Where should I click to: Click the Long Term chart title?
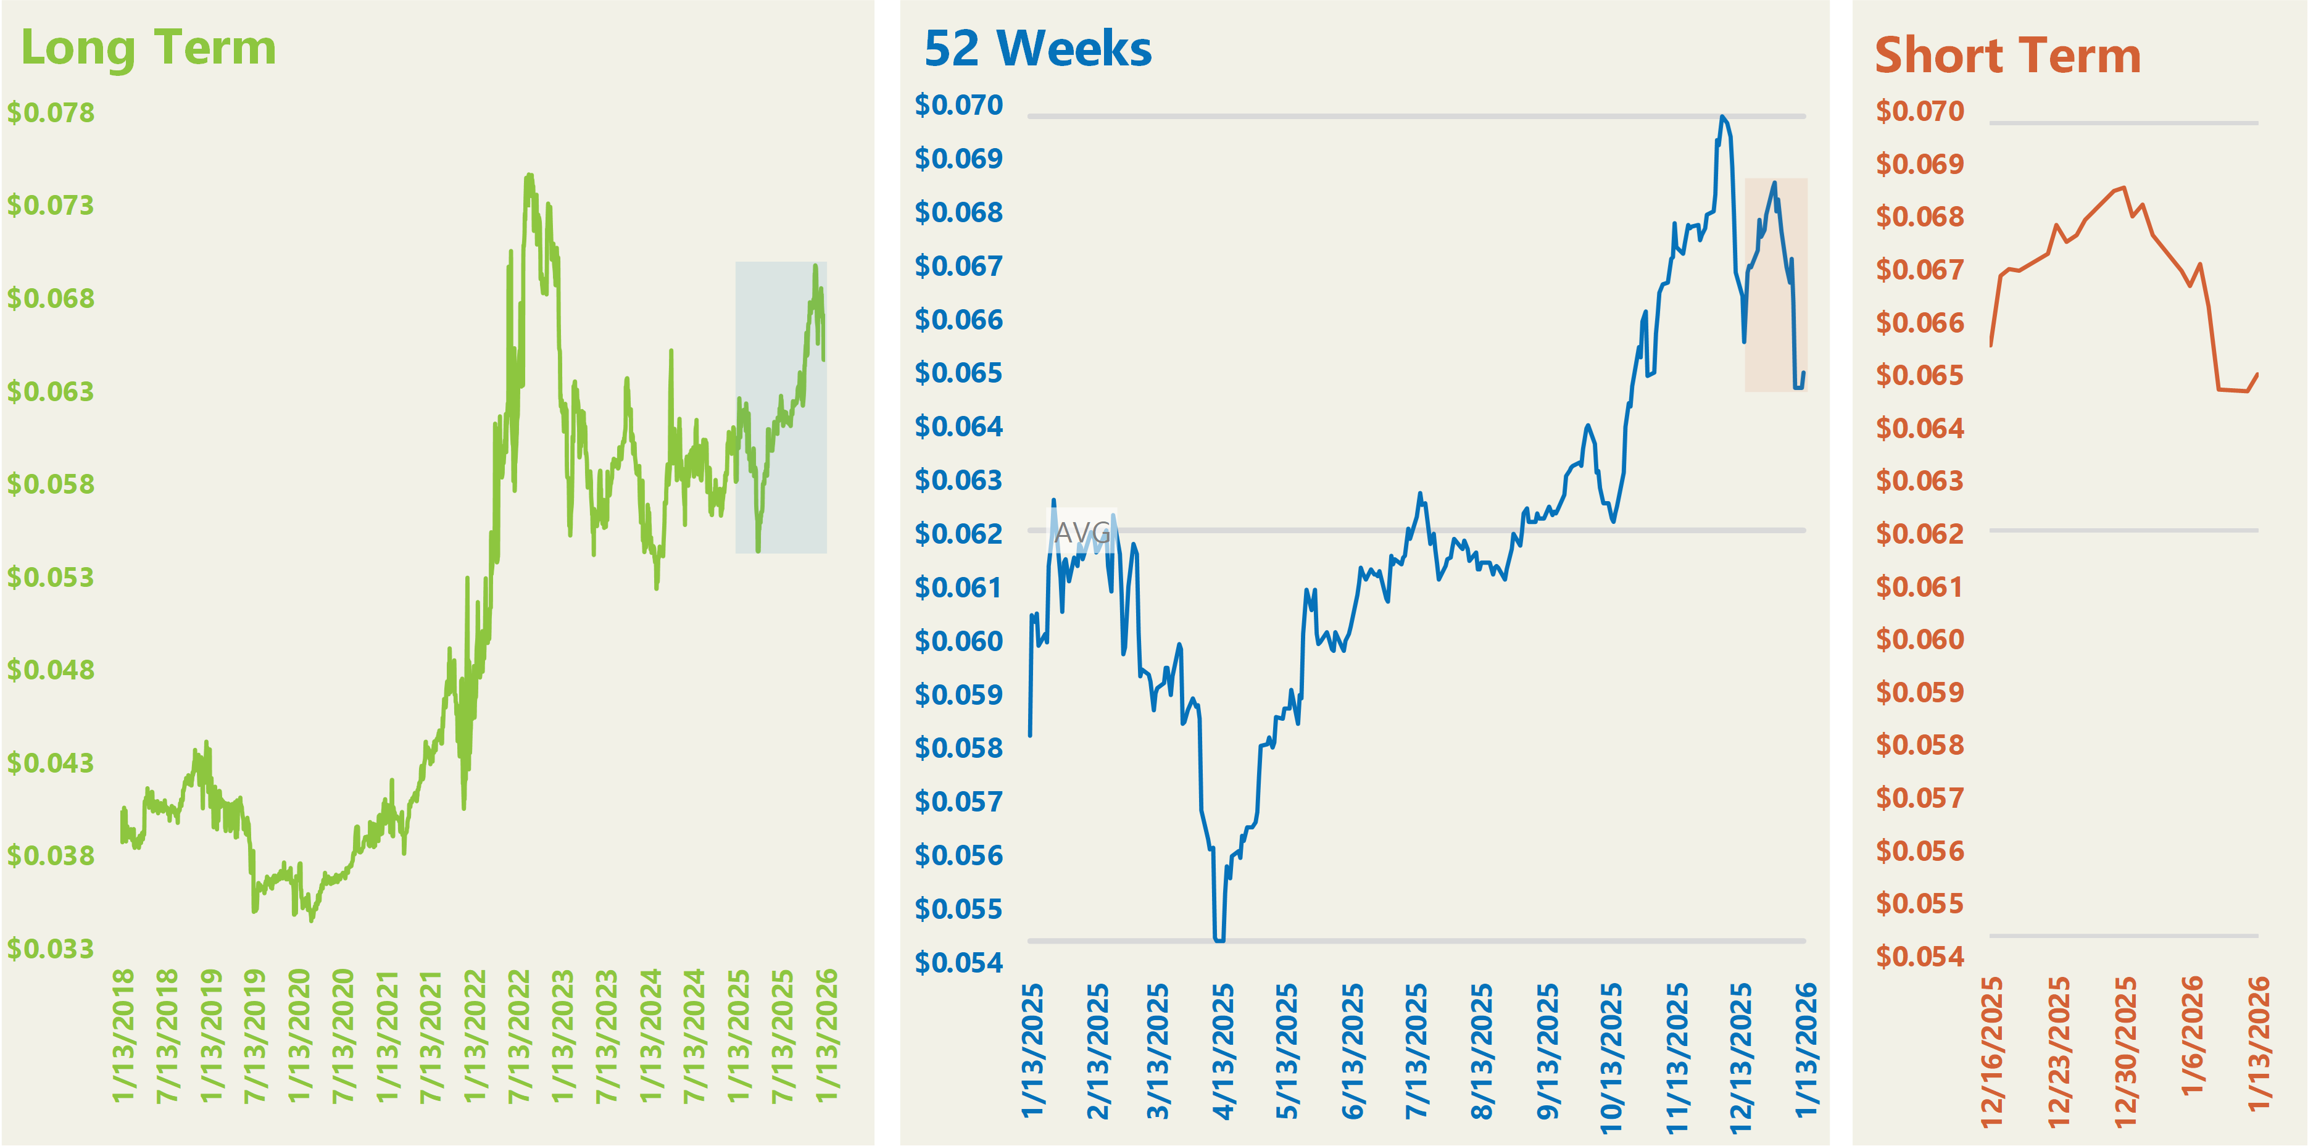(148, 48)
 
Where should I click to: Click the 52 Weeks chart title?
(1037, 49)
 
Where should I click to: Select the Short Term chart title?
(2008, 56)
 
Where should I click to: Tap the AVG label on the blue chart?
(1082, 533)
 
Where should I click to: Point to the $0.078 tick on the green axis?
(51, 113)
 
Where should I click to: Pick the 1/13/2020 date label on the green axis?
(298, 1035)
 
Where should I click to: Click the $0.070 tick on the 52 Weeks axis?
(958, 106)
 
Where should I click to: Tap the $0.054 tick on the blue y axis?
(958, 963)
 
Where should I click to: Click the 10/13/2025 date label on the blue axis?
(1611, 1057)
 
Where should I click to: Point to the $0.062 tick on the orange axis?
(1920, 534)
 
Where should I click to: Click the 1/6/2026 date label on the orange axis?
(2191, 1035)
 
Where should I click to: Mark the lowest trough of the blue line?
(1219, 940)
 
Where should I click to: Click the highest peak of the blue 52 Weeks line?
(1722, 117)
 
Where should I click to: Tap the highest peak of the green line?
(529, 176)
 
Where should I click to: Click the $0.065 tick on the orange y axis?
(1920, 375)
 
